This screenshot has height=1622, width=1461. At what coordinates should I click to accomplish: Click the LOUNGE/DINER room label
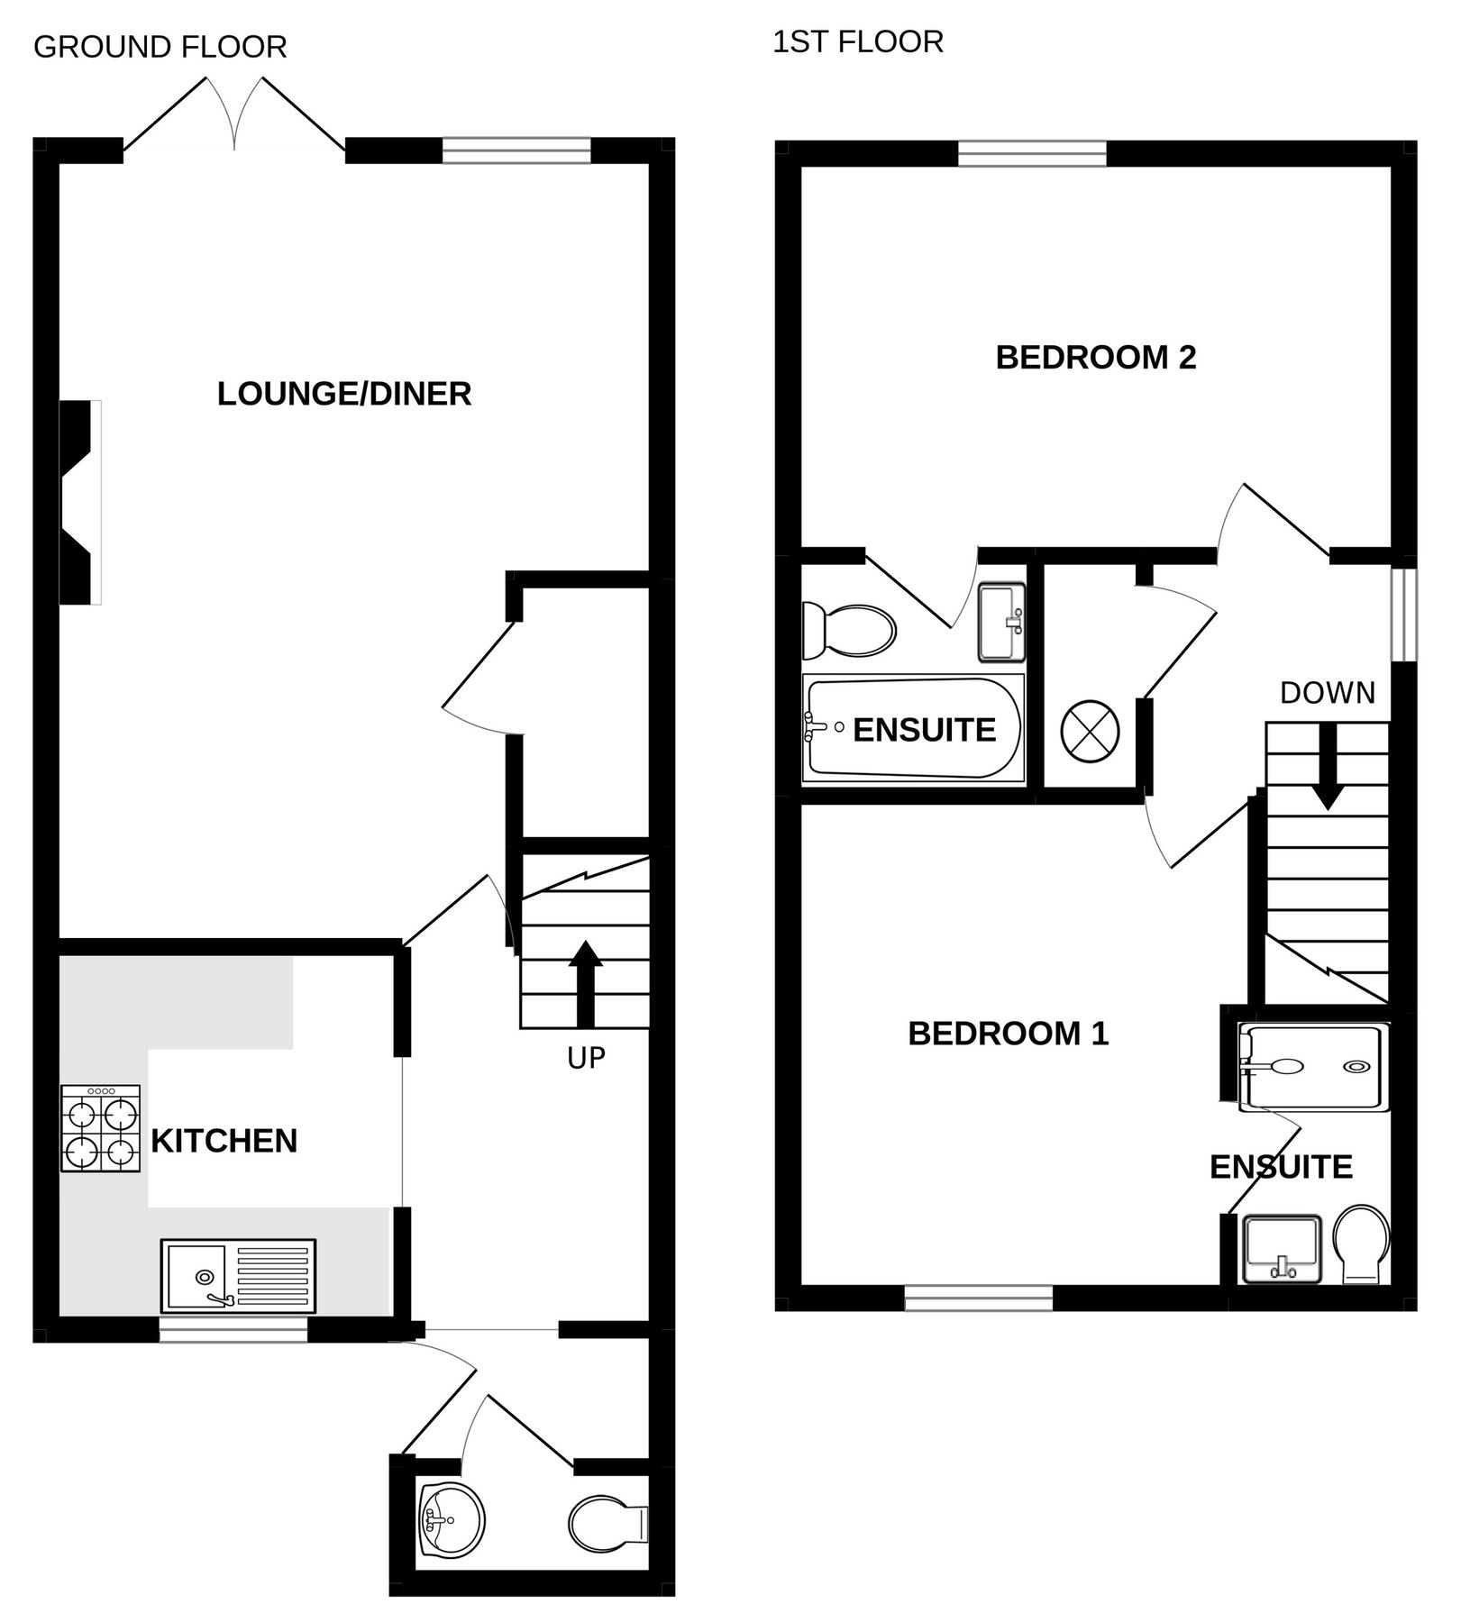point(344,395)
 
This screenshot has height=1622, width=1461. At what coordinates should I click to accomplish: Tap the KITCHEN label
point(224,1141)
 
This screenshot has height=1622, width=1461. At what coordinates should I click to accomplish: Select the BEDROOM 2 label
point(1095,358)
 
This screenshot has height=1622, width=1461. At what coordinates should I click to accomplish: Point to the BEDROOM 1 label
point(1008,1034)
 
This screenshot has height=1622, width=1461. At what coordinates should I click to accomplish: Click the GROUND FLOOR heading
point(160,47)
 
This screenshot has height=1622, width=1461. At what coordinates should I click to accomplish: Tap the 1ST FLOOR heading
point(857,41)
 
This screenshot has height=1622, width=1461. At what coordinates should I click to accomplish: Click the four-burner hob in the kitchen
point(100,1128)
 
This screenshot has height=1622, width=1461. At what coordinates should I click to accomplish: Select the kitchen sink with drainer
point(238,1276)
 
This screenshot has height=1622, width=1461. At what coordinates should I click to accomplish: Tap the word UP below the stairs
point(586,1058)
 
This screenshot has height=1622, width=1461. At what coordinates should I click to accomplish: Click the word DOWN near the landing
point(1327,693)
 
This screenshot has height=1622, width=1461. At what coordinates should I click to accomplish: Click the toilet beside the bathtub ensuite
point(848,629)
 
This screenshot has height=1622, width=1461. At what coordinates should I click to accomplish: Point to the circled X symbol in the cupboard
point(1090,730)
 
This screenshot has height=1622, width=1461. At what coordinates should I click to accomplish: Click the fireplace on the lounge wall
point(79,502)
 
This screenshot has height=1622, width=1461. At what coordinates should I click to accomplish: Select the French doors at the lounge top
point(234,115)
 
